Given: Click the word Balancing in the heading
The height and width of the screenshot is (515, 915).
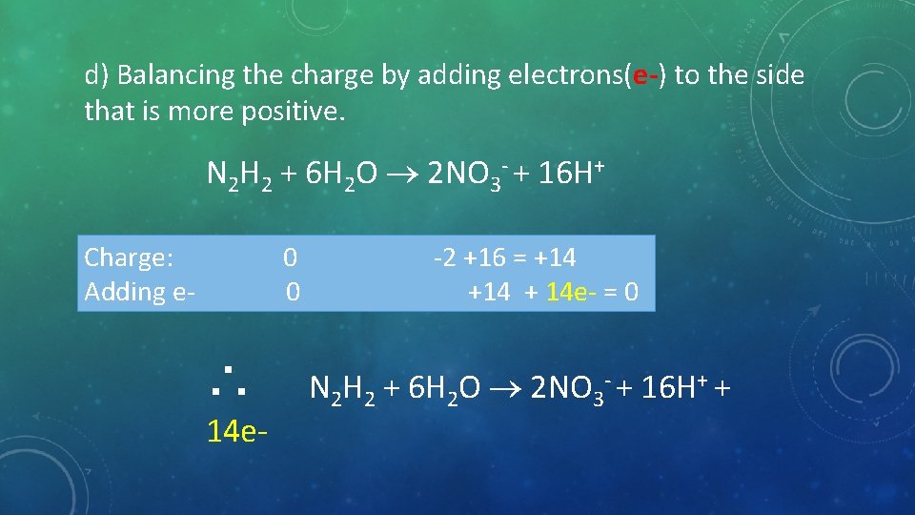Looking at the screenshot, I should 180,75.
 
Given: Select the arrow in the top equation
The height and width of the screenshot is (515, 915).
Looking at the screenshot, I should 404,175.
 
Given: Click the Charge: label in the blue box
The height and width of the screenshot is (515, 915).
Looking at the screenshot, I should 129,257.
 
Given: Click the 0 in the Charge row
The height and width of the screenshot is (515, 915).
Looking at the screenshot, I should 290,257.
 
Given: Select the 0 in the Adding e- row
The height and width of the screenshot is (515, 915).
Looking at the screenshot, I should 294,291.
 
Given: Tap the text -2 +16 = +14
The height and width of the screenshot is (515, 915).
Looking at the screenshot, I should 504,257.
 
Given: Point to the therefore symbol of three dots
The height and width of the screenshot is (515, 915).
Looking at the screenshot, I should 229,380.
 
